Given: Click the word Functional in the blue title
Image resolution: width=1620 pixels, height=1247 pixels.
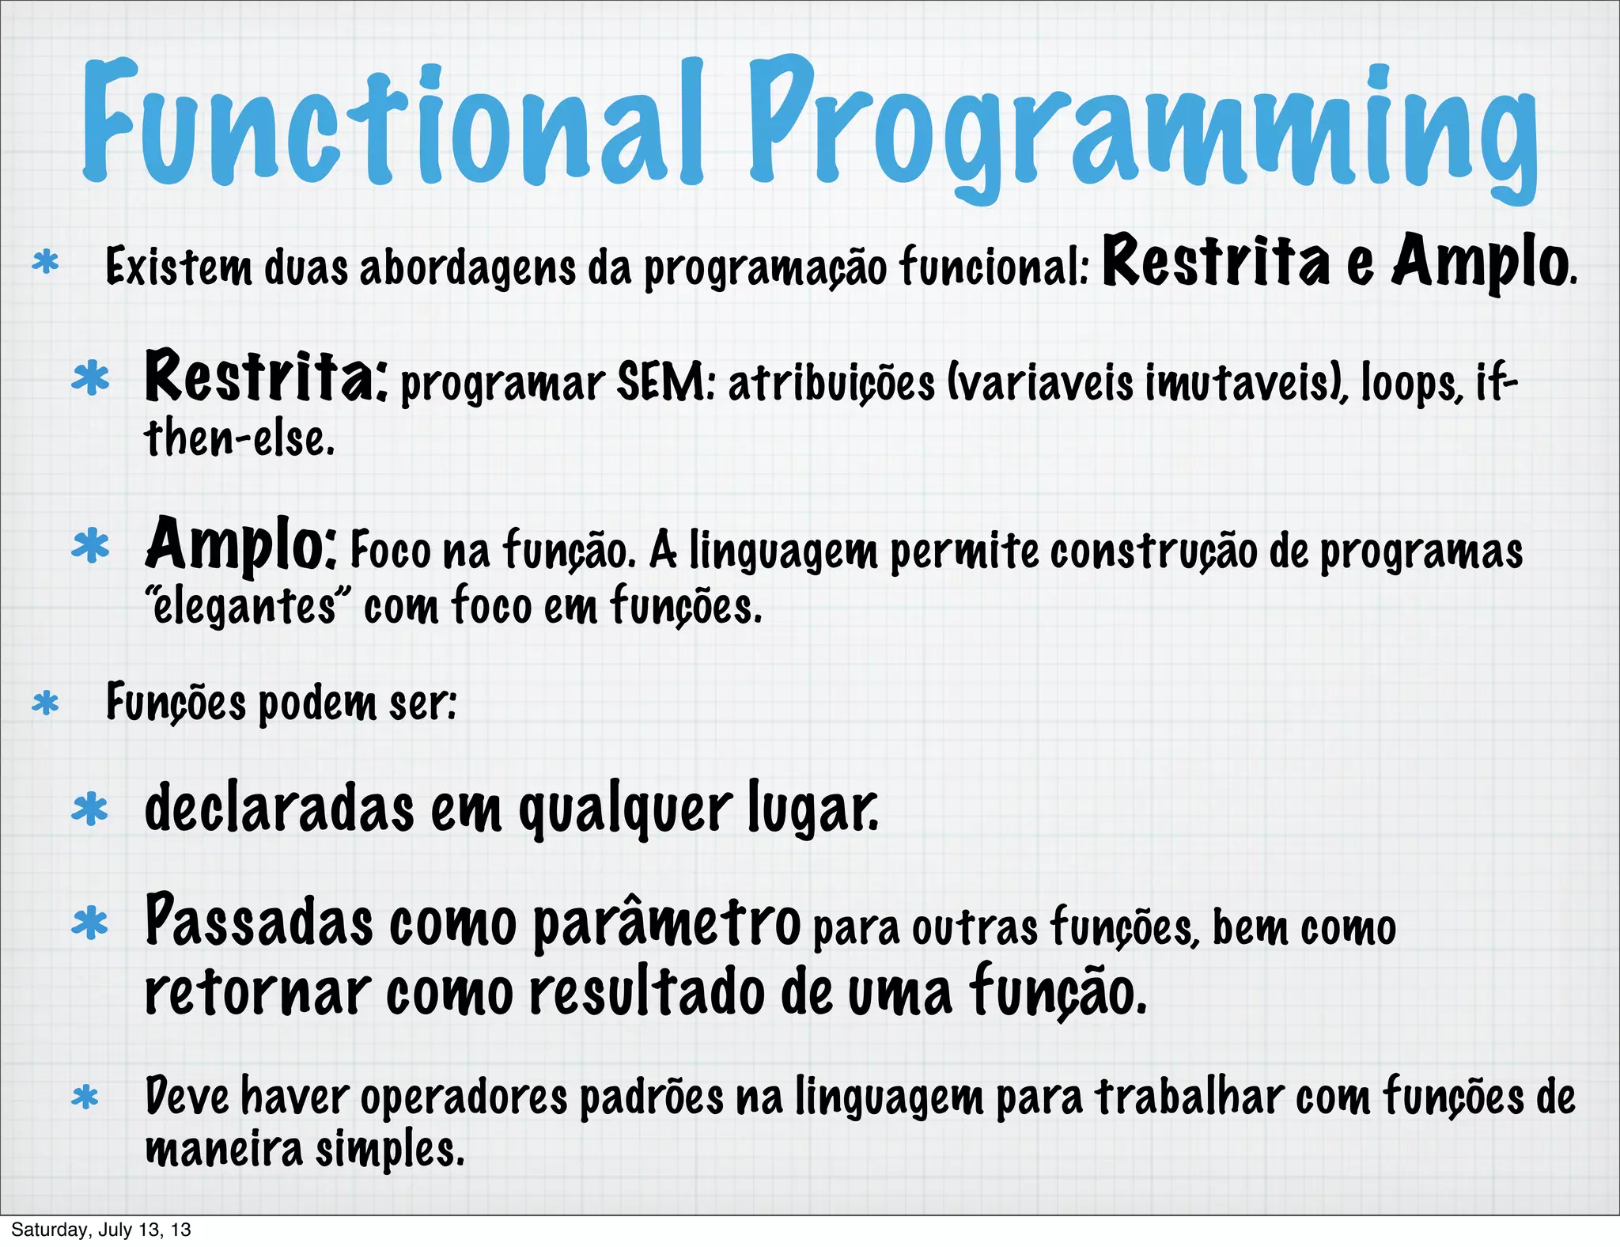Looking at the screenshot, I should tap(392, 123).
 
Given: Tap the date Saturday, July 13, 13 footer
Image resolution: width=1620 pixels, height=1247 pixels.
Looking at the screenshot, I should tap(101, 1230).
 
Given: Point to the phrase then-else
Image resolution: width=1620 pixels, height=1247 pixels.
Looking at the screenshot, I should tap(239, 439).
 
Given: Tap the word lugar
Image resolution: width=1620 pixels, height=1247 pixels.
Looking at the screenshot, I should tap(812, 809).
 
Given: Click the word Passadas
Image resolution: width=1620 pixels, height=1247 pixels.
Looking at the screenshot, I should tap(259, 923).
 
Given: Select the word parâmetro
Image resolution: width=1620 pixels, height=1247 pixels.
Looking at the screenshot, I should tap(667, 923).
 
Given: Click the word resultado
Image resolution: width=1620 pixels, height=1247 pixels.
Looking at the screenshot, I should tap(647, 994).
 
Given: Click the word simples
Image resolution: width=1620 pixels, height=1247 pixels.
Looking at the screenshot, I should tap(390, 1149).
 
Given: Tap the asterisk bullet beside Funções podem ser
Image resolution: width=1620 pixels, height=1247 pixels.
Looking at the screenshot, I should tap(46, 703).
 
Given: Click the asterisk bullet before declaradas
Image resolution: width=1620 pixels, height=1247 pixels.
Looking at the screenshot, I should tap(90, 809).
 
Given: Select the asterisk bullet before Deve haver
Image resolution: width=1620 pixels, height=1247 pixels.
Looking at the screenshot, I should tap(85, 1097).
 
